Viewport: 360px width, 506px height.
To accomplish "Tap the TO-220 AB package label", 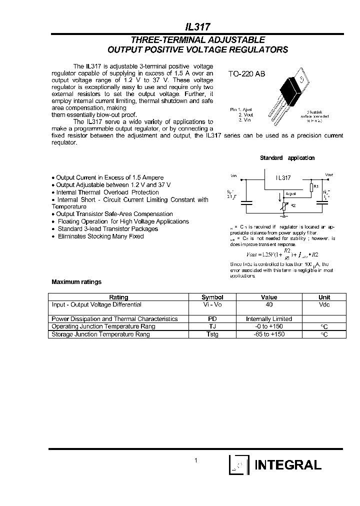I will click(246, 74).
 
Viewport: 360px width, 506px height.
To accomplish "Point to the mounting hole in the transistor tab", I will click(301, 79).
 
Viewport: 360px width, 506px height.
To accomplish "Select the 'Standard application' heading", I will click(287, 158).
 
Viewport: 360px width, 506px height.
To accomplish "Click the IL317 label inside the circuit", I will click(283, 178).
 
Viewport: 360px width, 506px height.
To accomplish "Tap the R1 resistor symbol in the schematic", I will click(311, 187).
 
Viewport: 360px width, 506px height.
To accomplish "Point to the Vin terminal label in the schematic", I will click(234, 176).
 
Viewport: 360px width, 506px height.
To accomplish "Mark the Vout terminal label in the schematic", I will click(328, 175).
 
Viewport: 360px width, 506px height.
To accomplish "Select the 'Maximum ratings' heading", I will click(76, 282).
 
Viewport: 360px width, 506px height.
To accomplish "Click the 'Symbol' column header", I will click(212, 297).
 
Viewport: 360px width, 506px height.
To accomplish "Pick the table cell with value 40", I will click(269, 304).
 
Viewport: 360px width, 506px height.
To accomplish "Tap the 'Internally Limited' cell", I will click(269, 318).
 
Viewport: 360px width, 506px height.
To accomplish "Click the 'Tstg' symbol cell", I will click(212, 334).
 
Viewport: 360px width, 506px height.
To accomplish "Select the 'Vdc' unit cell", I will click(324, 304).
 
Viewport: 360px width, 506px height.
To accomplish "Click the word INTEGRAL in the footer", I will click(288, 465).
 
